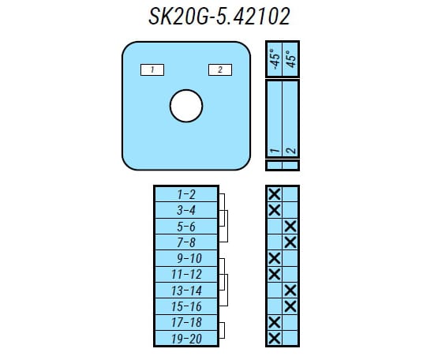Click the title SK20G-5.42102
219,17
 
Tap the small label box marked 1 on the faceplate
152,70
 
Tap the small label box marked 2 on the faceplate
220,70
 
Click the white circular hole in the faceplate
186,106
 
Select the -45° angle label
275,59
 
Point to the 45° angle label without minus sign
290,59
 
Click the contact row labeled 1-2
186,194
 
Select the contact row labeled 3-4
186,210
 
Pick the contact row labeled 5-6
186,227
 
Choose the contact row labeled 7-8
186,242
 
